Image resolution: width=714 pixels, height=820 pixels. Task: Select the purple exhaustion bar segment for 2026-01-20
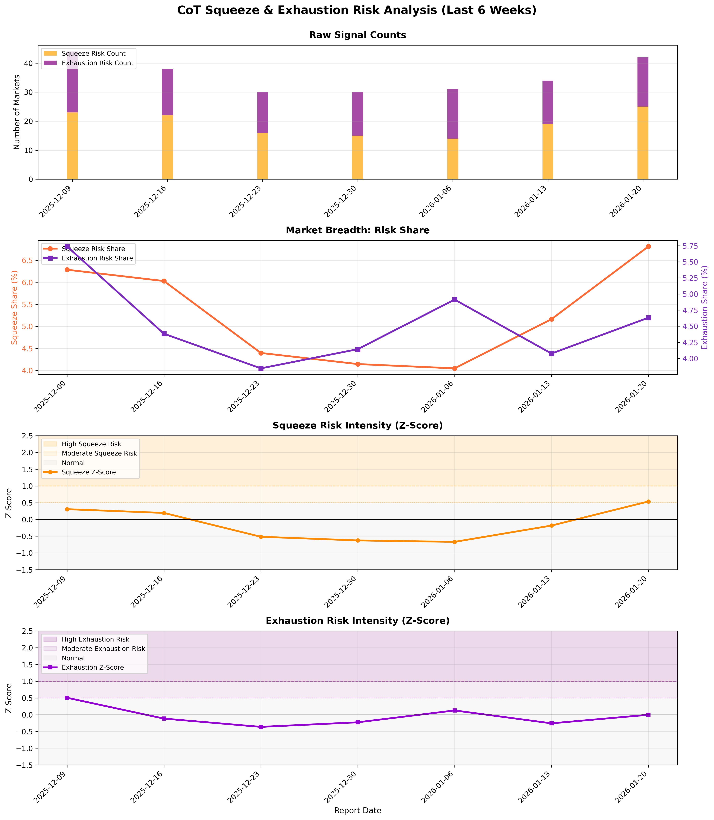click(x=643, y=82)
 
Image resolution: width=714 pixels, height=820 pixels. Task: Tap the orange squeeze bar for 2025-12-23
click(x=263, y=156)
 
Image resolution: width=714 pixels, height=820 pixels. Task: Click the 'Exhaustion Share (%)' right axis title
click(x=704, y=308)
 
